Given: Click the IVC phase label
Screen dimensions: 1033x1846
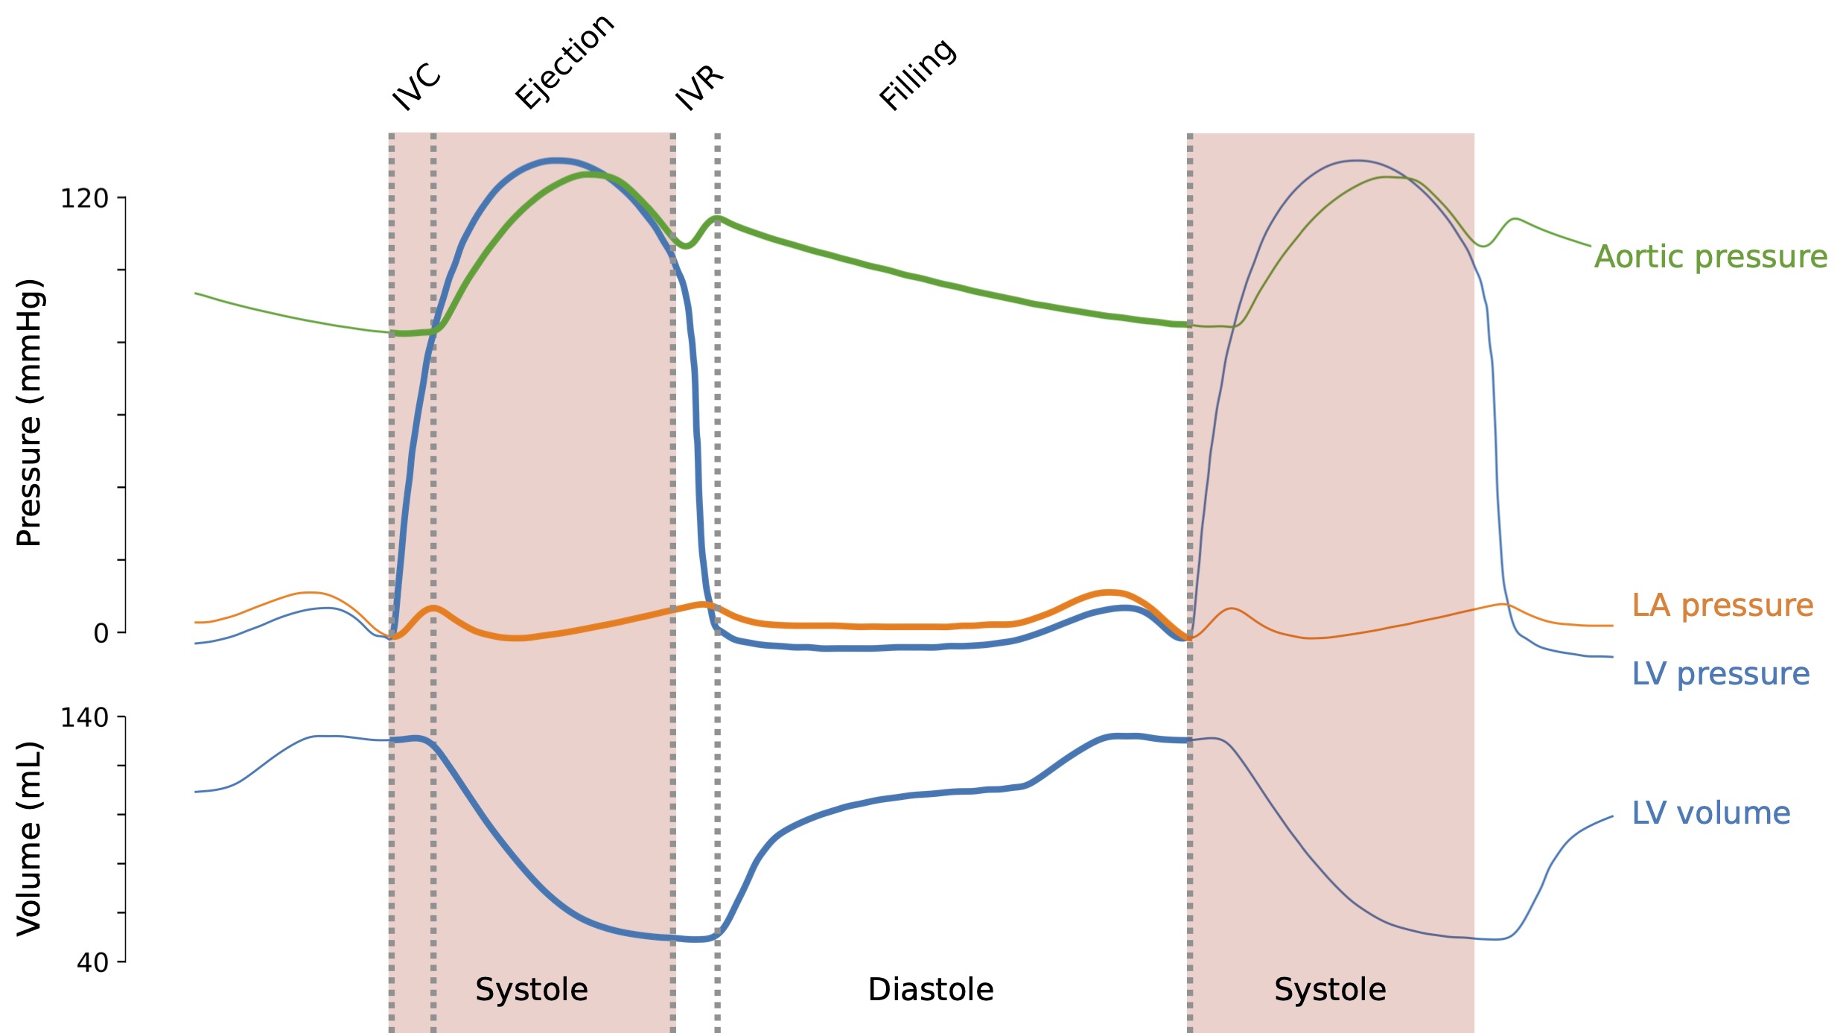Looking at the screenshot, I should pos(416,86).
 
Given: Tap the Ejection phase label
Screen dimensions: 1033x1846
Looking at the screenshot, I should pos(564,62).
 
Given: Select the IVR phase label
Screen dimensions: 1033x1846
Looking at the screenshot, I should pos(698,88).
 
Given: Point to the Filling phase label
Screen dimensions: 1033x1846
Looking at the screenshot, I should pos(917,74).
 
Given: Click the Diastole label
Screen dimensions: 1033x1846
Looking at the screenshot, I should pos(931,990).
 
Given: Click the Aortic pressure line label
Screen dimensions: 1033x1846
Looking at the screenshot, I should pos(1710,257).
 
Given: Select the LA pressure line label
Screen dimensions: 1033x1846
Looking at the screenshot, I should pos(1722,606).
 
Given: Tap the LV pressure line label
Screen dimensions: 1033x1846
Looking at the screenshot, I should pos(1720,674).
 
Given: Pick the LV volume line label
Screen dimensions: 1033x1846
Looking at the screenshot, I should pos(1710,813).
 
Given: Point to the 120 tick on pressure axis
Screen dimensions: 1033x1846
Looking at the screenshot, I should pos(84,199).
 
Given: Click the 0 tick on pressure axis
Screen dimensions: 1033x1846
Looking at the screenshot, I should pos(101,634).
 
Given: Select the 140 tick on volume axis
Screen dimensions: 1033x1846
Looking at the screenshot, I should pos(84,718).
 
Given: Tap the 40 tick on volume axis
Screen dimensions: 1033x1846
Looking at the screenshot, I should pos(92,963).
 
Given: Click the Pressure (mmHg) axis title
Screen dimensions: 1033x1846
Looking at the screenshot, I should pos(30,413).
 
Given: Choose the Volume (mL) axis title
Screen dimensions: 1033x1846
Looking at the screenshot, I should pos(30,838).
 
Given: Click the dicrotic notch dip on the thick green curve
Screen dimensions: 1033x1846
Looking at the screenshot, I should pos(686,246).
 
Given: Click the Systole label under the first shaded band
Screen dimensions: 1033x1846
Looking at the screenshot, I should pos(532,990).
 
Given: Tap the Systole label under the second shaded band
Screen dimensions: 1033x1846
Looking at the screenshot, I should pos(1330,990).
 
